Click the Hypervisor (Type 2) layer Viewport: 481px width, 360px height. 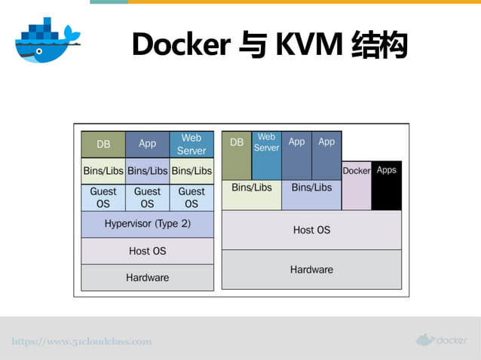[x=147, y=224]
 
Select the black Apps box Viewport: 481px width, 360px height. [x=386, y=185]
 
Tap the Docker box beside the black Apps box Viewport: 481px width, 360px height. [x=357, y=185]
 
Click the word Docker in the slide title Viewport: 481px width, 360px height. [x=180, y=45]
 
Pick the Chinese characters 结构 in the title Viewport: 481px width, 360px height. [x=379, y=45]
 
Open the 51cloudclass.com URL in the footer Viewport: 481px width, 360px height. [x=81, y=341]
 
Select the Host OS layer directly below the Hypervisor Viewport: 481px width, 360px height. [x=147, y=251]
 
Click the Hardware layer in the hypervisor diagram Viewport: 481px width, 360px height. [x=147, y=277]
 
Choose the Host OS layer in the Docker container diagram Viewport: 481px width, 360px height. [x=311, y=230]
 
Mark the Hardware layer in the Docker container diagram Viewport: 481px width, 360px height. [x=311, y=270]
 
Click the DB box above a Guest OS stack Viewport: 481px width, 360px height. [x=103, y=144]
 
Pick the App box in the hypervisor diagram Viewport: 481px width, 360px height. [x=147, y=144]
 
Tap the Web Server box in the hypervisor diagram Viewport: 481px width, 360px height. [x=191, y=144]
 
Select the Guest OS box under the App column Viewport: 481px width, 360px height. [x=147, y=197]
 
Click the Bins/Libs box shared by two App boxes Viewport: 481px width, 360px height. [x=311, y=194]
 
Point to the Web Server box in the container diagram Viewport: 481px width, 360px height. [x=266, y=155]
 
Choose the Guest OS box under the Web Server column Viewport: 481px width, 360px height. [x=191, y=197]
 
